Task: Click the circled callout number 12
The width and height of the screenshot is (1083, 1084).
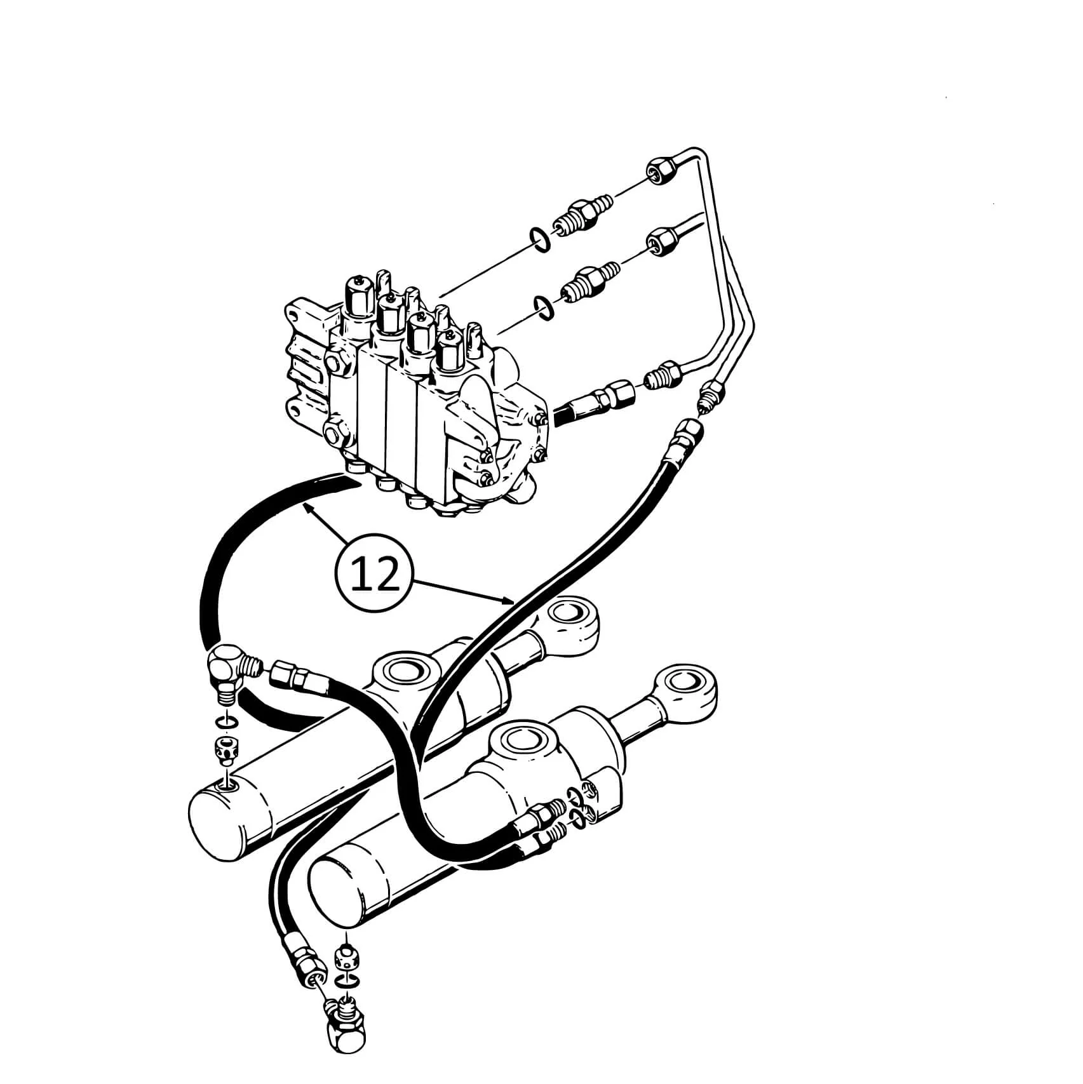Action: pyautogui.click(x=376, y=573)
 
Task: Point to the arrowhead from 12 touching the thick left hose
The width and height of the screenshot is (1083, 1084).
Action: pyautogui.click(x=308, y=509)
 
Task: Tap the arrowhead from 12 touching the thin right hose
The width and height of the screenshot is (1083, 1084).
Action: pyautogui.click(x=509, y=599)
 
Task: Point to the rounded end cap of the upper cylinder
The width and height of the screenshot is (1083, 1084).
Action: pyautogui.click(x=219, y=820)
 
